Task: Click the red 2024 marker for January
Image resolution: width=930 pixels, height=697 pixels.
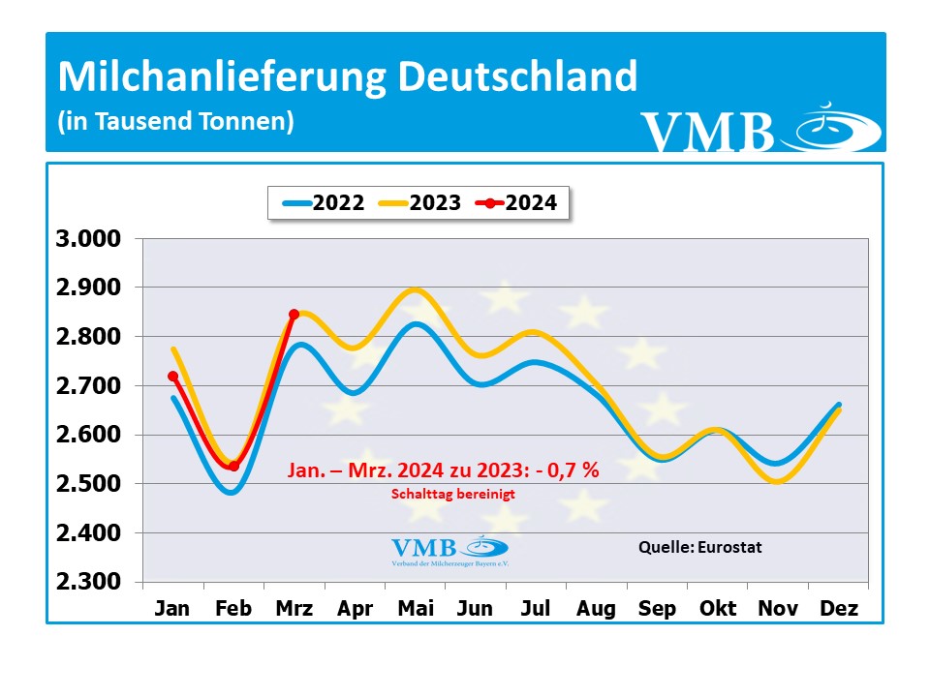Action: coord(172,377)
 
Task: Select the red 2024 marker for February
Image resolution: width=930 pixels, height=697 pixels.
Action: coord(233,467)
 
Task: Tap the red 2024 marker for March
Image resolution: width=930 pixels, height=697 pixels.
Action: coord(294,315)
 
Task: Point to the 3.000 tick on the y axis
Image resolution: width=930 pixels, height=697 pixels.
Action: coord(87,240)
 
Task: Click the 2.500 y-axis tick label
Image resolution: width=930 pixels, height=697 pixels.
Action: coord(87,484)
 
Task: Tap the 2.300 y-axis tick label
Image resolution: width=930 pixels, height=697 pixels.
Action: coord(87,582)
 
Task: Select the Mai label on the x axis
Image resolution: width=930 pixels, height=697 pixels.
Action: coord(415,609)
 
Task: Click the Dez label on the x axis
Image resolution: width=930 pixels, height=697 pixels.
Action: coord(838,609)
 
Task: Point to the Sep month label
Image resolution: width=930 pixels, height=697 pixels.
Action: coord(657,609)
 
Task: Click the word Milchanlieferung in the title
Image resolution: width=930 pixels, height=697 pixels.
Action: coord(222,77)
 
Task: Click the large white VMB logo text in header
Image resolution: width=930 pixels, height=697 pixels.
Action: coord(707,134)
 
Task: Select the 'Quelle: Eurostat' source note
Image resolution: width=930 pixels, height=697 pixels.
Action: coord(699,547)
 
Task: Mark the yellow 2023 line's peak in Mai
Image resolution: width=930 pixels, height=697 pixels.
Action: coord(415,289)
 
